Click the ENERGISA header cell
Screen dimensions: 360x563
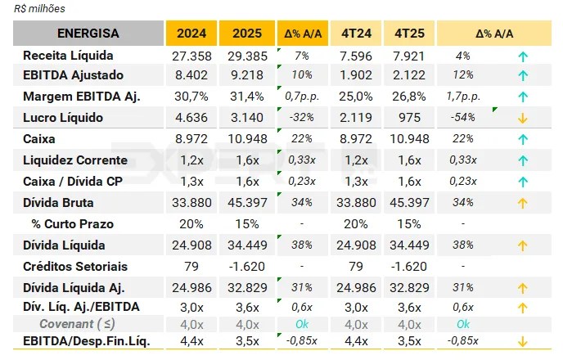[x=88, y=34]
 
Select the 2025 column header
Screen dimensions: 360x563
[x=246, y=34]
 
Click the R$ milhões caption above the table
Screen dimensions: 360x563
[x=40, y=9]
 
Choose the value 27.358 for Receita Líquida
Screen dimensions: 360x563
[x=193, y=56]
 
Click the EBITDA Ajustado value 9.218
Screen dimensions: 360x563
[x=246, y=75]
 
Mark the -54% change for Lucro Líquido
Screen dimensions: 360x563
[x=463, y=118]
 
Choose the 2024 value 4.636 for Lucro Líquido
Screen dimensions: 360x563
[x=193, y=118]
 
